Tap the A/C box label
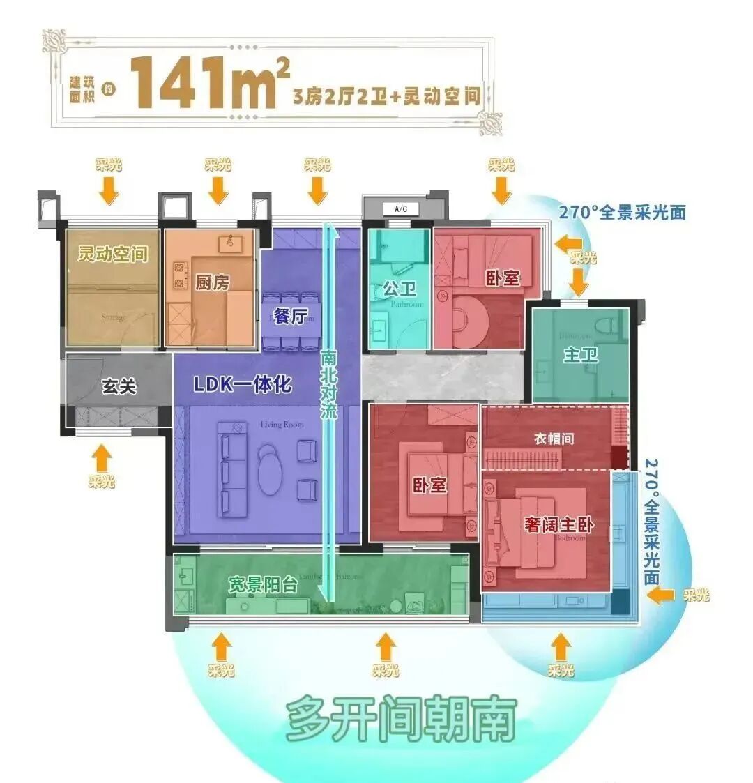(x=400, y=208)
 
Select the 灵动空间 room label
(x=113, y=254)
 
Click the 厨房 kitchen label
(x=212, y=282)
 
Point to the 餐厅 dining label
(x=289, y=315)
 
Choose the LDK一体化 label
(x=243, y=384)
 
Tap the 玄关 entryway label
(x=119, y=386)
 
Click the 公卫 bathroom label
(x=399, y=288)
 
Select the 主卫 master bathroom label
(x=580, y=355)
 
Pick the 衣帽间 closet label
(x=554, y=439)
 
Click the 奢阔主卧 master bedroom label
(x=558, y=524)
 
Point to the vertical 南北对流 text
(x=329, y=383)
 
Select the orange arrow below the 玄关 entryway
(x=102, y=458)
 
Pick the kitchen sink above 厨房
(x=229, y=243)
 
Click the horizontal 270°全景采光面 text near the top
(x=622, y=212)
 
